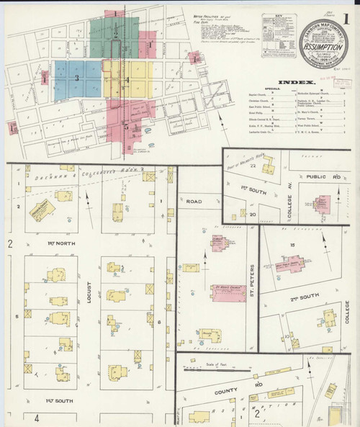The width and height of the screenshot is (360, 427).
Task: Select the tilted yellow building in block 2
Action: tap(41, 210)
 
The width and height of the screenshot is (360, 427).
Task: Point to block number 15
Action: tap(292, 245)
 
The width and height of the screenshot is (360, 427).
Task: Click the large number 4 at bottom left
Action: tap(35, 418)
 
